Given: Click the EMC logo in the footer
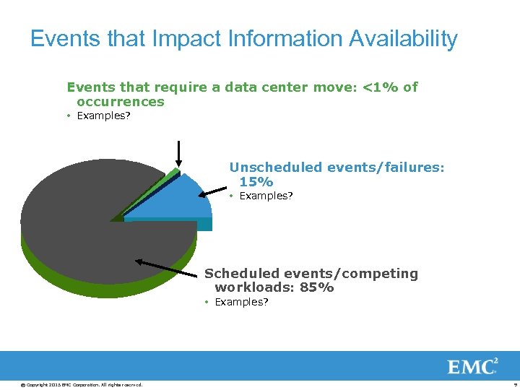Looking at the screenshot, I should coord(473,366).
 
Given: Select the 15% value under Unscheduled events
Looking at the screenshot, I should coord(256,181).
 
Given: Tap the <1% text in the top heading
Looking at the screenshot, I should coord(381,87).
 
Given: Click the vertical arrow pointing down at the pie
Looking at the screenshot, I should coord(178,153).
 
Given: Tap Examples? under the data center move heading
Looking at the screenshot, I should coord(103,116).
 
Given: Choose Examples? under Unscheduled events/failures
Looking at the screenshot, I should coord(266,196).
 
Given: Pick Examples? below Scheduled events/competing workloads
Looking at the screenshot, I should coord(241,302).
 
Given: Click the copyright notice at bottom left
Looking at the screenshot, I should coord(71,383).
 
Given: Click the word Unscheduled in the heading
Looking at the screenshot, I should coord(276,167).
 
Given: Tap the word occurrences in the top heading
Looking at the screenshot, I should coord(121,102).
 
